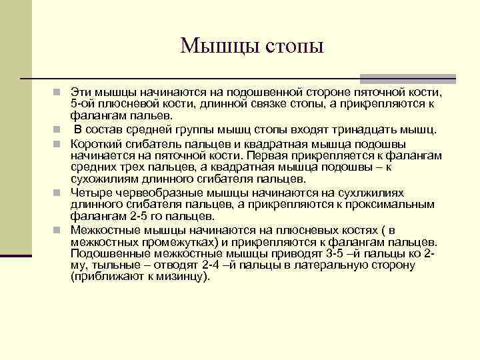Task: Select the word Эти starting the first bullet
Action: click(79, 92)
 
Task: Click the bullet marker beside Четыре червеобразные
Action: click(59, 192)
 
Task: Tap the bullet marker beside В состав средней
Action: click(59, 129)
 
